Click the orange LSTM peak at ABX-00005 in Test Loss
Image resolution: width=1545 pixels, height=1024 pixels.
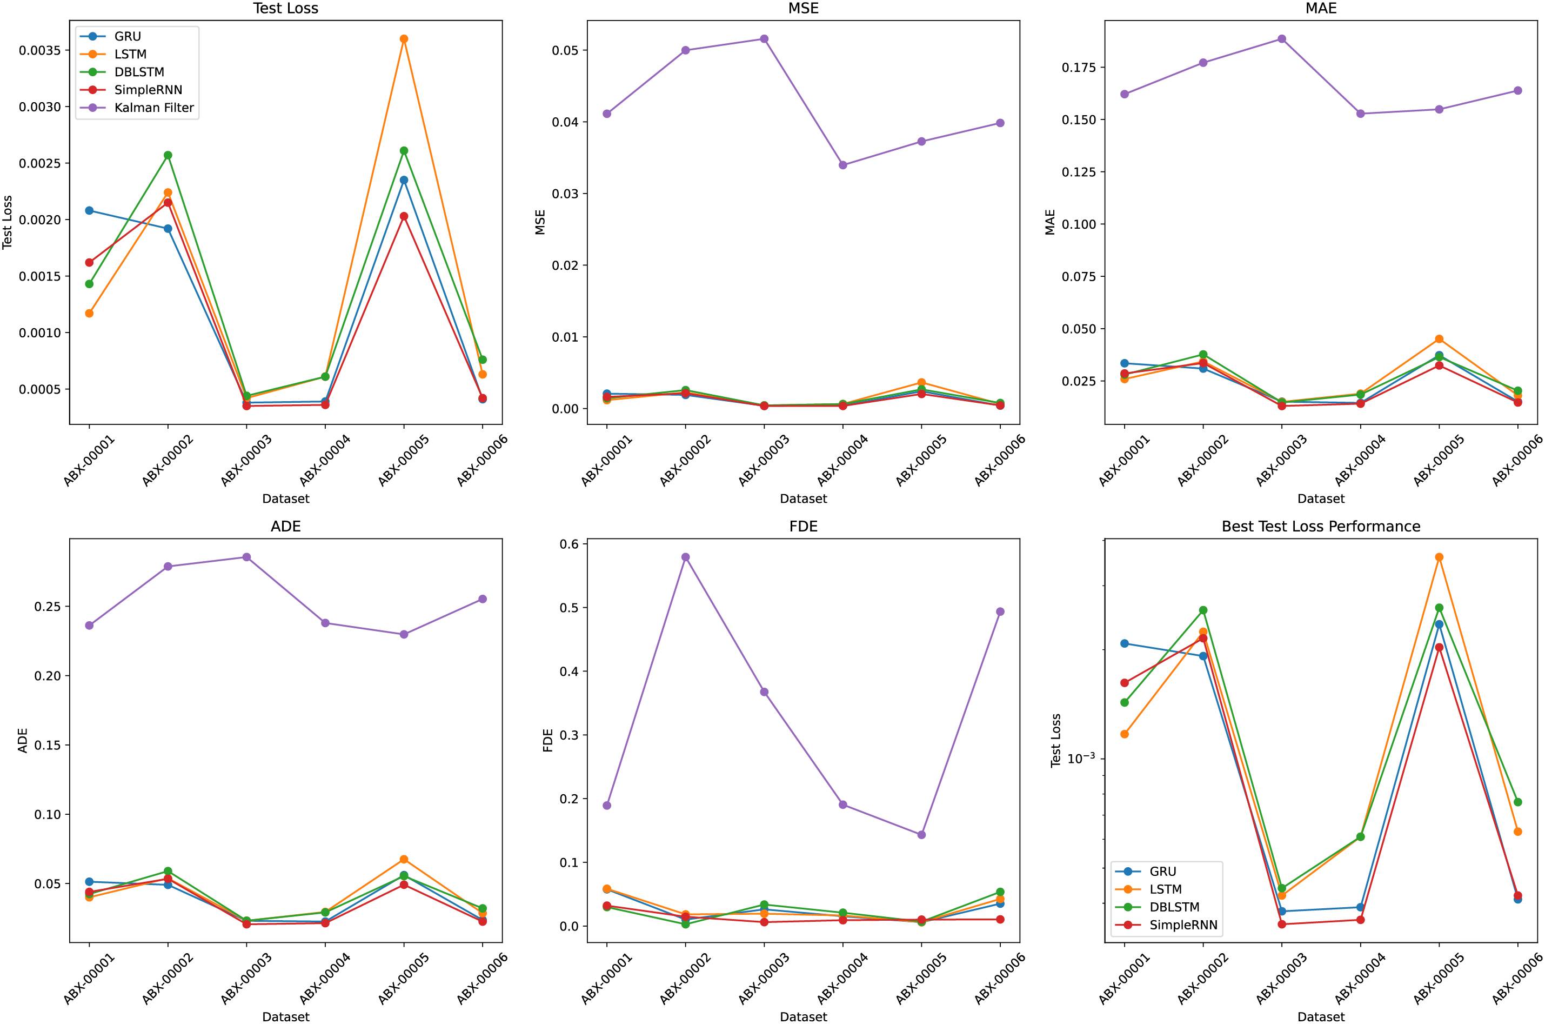point(404,39)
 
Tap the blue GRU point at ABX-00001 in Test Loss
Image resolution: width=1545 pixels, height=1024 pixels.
point(89,210)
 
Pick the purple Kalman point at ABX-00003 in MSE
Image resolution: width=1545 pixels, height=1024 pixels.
point(764,39)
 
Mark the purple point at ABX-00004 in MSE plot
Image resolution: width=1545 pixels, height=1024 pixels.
point(842,165)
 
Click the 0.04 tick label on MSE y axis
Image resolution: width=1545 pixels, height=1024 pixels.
point(565,122)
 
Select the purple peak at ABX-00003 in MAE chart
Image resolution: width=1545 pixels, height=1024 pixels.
point(1282,39)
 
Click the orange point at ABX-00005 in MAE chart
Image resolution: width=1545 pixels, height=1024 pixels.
point(1439,339)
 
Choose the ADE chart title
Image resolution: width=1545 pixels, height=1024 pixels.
point(285,527)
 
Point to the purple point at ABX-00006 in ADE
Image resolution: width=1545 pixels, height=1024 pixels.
point(483,599)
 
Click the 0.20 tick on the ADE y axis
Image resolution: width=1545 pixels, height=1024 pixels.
point(47,676)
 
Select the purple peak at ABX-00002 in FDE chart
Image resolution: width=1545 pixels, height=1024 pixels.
point(685,557)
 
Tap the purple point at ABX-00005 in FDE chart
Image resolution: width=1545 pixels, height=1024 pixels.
point(921,835)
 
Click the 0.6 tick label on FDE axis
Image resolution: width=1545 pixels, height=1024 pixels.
point(568,544)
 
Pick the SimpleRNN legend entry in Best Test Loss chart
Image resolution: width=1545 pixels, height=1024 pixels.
point(1183,925)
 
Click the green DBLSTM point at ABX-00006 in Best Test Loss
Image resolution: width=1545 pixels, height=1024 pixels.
point(1517,802)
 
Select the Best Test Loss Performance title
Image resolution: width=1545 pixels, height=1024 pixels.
point(1320,527)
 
